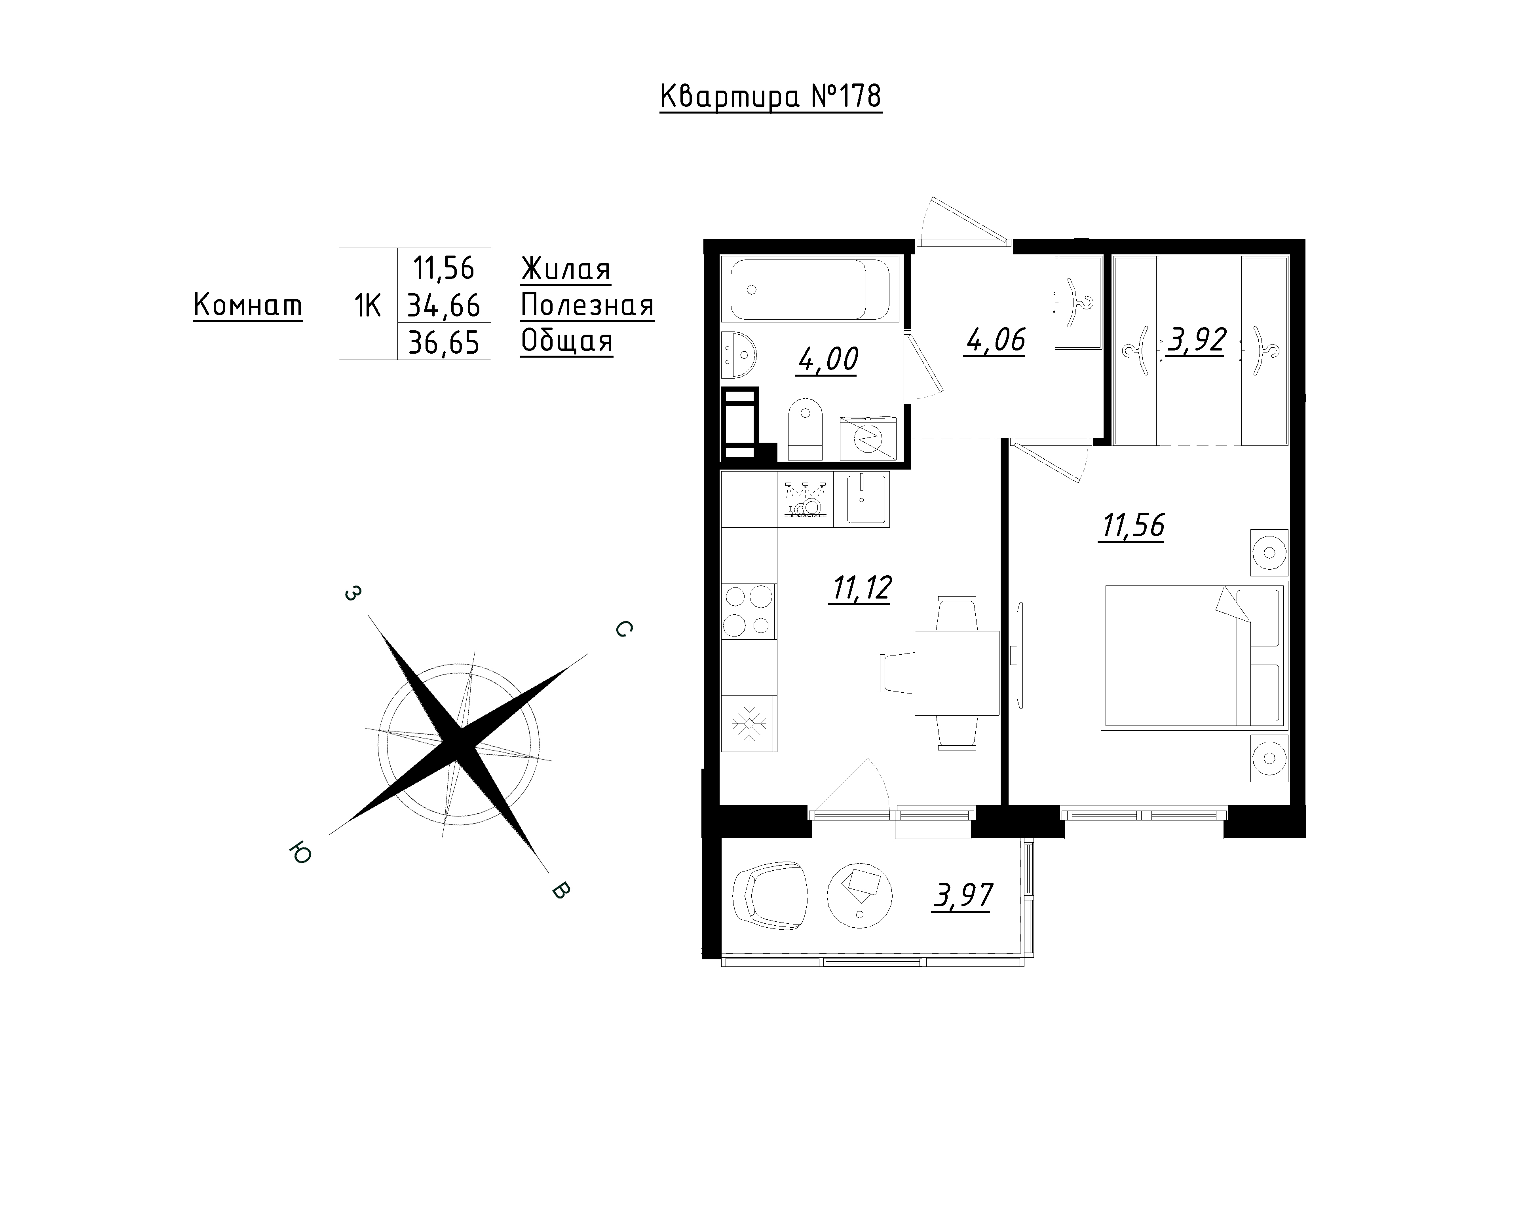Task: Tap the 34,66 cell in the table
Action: tap(444, 305)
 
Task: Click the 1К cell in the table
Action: tap(368, 305)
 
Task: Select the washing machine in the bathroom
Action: tap(868, 438)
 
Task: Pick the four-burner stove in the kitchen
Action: tap(749, 611)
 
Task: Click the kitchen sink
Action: tap(861, 499)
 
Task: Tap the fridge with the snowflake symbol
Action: tap(749, 723)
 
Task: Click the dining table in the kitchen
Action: tap(957, 673)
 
